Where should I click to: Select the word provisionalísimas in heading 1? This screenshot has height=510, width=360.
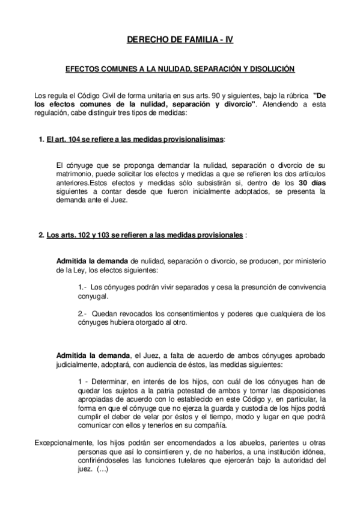pos(193,140)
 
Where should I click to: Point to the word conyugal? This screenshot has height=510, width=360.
pos(93,296)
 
